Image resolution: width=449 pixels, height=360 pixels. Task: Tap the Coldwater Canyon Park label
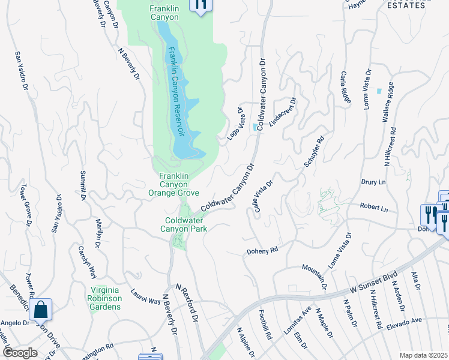pos(186,224)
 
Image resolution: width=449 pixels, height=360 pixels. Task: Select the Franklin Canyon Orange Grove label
pos(174,184)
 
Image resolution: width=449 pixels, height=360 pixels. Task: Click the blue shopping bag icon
pos(40,310)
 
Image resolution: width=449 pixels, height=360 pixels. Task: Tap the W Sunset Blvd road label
pos(374,283)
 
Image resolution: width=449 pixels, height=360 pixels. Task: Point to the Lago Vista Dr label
pos(234,124)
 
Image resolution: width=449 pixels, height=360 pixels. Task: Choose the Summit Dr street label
pos(83,186)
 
